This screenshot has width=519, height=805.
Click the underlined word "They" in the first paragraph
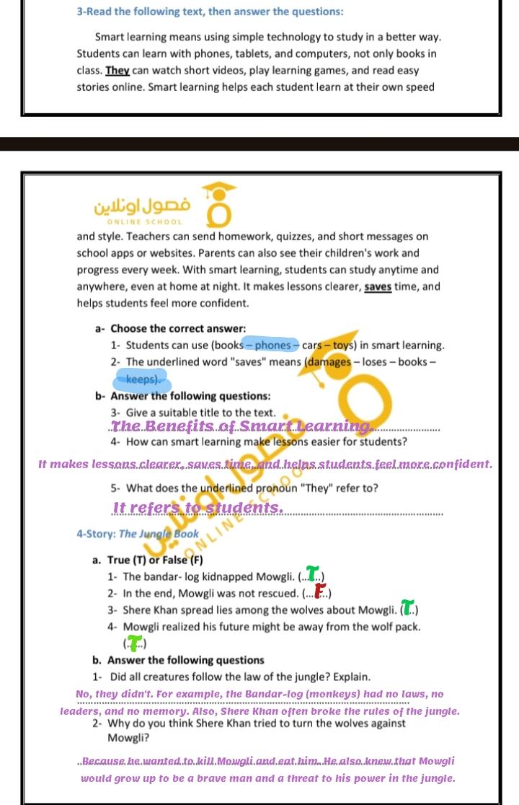[x=117, y=71]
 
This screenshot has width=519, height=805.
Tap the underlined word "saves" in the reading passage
[x=382, y=286]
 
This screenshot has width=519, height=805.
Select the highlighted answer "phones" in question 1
[x=272, y=345]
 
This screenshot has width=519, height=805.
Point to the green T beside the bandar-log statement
[x=312, y=574]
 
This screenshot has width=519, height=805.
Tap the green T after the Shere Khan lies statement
[x=408, y=609]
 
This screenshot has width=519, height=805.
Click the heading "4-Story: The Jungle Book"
[x=137, y=534]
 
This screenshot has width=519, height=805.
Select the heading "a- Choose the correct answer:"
[x=170, y=328]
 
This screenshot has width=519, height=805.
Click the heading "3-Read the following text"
[x=210, y=12]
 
